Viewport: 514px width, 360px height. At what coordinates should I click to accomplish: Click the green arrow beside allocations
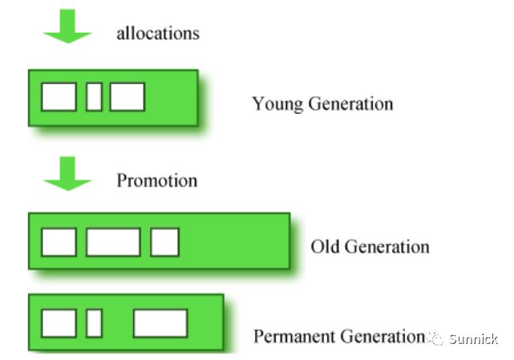point(67,29)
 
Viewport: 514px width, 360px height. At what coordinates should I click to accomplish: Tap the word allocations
point(157,34)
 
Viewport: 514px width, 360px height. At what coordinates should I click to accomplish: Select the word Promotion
point(156,180)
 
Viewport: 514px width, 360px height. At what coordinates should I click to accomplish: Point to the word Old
point(325,246)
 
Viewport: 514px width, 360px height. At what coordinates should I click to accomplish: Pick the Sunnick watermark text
point(473,338)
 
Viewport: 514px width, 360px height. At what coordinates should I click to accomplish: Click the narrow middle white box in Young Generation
point(94,97)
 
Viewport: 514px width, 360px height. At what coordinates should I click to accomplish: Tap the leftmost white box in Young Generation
point(59,97)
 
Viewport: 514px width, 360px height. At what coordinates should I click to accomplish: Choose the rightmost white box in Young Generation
point(127,97)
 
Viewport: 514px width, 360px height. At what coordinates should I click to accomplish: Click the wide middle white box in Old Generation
point(112,242)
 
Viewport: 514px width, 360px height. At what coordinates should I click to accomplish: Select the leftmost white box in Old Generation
point(59,242)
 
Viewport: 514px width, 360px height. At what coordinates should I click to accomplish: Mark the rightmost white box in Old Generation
point(164,242)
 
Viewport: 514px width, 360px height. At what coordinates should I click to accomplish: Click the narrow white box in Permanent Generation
point(94,323)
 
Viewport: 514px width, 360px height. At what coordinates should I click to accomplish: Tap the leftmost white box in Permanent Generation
point(59,323)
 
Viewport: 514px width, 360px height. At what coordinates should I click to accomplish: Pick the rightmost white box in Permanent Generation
point(160,323)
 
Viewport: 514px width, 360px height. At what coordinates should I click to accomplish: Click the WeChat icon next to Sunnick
point(435,338)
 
